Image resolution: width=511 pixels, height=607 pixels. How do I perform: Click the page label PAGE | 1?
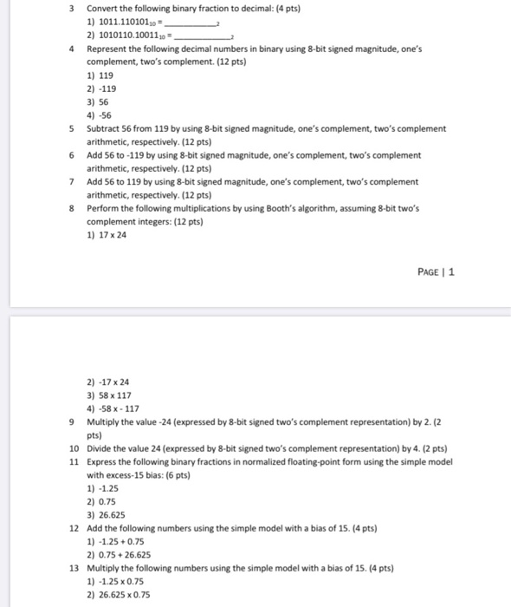[437, 271]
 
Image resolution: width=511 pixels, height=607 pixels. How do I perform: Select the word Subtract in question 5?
[106, 128]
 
